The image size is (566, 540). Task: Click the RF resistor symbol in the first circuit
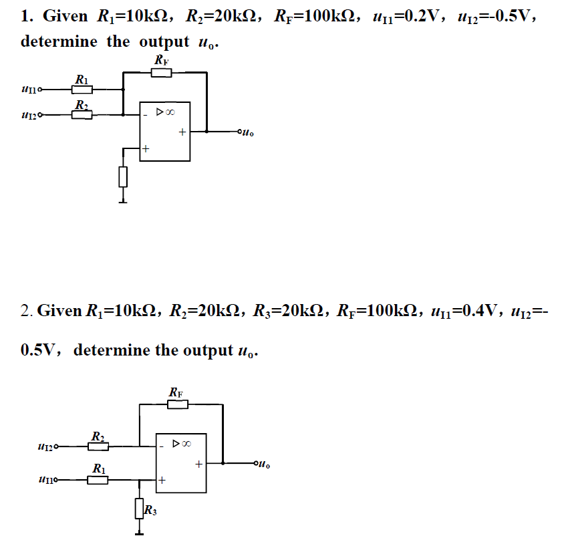(161, 72)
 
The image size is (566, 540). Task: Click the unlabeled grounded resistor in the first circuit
(122, 176)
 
